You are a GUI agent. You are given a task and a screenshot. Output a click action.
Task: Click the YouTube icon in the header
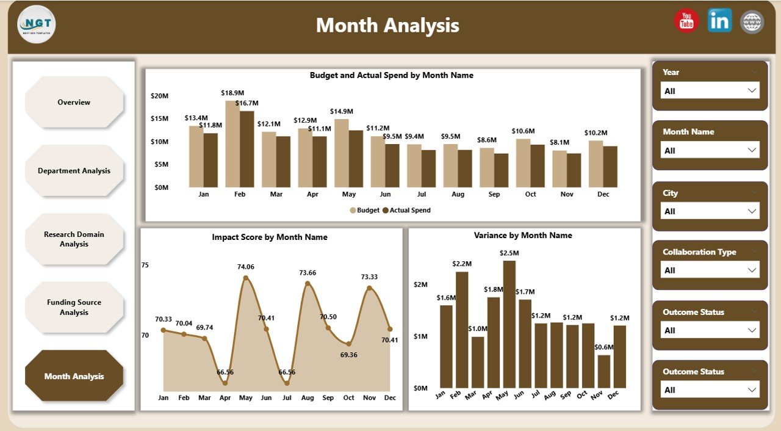(x=686, y=21)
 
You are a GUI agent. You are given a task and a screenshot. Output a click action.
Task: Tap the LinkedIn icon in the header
(x=719, y=21)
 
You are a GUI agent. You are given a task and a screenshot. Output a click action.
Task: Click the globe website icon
(x=752, y=22)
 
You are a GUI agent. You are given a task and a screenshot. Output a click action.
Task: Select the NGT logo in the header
(x=37, y=24)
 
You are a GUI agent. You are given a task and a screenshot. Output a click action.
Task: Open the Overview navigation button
(x=74, y=103)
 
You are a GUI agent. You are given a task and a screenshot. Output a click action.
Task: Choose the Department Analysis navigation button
(x=74, y=171)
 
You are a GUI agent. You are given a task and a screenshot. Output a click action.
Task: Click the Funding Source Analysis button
(x=74, y=307)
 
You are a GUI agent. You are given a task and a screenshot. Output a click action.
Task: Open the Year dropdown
(x=710, y=91)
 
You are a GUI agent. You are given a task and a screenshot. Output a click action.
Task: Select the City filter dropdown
(x=710, y=211)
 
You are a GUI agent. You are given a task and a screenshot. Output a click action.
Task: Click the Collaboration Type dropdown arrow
(x=752, y=270)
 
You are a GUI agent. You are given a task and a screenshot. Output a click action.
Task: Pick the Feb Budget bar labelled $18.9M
(x=232, y=144)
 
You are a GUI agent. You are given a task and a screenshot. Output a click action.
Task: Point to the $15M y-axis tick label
(x=160, y=118)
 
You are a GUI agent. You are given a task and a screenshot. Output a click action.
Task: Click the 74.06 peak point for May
(x=246, y=278)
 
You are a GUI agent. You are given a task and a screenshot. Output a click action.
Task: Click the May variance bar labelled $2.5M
(x=509, y=324)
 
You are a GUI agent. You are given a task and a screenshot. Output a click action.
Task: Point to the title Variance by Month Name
(x=523, y=235)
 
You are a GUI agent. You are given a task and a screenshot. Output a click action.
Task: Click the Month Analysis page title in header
(x=387, y=26)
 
